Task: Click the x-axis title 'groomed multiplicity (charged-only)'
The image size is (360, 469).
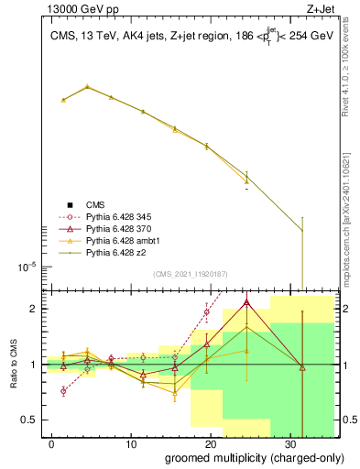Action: (242, 457)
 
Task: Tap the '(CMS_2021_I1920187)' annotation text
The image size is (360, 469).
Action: (190, 274)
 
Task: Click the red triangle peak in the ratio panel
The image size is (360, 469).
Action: (246, 302)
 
